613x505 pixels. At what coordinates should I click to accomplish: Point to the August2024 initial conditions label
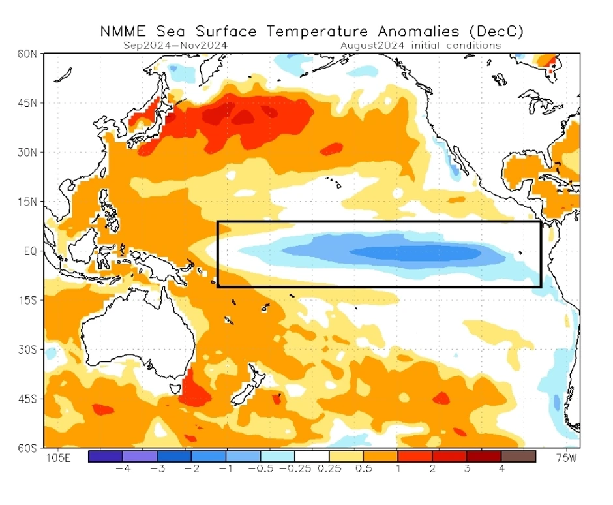(421, 46)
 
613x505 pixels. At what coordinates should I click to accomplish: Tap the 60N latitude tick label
(27, 54)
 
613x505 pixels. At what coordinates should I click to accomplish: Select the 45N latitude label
(27, 103)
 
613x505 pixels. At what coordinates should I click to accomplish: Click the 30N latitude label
(27, 152)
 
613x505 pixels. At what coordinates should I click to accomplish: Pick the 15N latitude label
(27, 202)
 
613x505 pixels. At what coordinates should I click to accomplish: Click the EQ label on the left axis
(29, 251)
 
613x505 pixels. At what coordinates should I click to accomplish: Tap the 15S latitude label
(27, 300)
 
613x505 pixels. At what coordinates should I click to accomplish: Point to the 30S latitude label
(27, 349)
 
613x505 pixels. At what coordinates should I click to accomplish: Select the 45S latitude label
(27, 398)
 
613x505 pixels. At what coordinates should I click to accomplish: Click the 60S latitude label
(27, 448)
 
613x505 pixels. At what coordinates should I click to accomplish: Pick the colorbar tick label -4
(121, 468)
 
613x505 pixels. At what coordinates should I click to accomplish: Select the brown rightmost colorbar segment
(518, 456)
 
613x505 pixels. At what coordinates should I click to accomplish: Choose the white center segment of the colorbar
(312, 456)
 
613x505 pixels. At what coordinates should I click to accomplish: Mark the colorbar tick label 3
(467, 468)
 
